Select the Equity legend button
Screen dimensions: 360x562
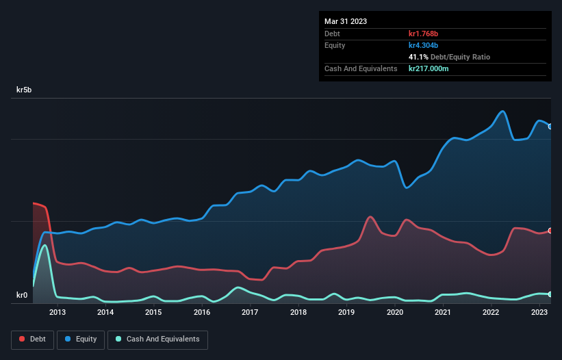click(81, 339)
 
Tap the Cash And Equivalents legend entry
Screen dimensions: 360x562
click(157, 339)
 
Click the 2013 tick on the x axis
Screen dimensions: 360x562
click(58, 313)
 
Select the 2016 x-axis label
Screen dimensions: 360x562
click(202, 313)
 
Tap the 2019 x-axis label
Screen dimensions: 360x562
click(346, 313)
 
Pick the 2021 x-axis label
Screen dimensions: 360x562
click(443, 313)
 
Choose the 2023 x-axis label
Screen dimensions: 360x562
click(539, 313)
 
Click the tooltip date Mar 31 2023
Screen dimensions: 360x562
click(346, 21)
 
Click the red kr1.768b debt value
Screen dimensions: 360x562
click(424, 34)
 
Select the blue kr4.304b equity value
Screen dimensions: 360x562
click(423, 45)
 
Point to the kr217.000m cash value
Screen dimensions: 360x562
click(429, 68)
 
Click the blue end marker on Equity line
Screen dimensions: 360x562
click(550, 127)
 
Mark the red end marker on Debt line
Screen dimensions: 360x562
click(550, 231)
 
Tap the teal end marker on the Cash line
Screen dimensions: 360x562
click(550, 294)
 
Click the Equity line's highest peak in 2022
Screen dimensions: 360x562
click(503, 111)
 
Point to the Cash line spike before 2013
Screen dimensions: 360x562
click(45, 245)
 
